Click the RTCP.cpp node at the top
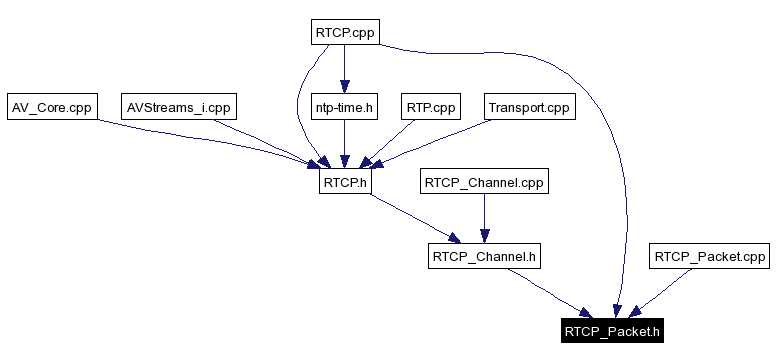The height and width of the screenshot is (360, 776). coord(344,32)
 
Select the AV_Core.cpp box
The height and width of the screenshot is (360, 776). coord(51,107)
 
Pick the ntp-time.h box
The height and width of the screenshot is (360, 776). coord(343,107)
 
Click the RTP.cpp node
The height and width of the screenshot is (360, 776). coord(430,107)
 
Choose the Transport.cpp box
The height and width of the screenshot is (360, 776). coord(530,107)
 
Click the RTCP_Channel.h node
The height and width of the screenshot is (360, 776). coord(485,257)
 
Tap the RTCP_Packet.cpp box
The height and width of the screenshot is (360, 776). coord(710,257)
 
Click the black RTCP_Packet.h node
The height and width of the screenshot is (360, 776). coord(612,330)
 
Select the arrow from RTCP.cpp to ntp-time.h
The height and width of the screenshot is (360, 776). coord(344,69)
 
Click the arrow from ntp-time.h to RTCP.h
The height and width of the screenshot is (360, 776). coord(344,144)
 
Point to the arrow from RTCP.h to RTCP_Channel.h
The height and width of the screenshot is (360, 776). coord(410,218)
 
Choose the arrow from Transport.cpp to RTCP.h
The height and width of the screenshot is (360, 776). coord(440,141)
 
